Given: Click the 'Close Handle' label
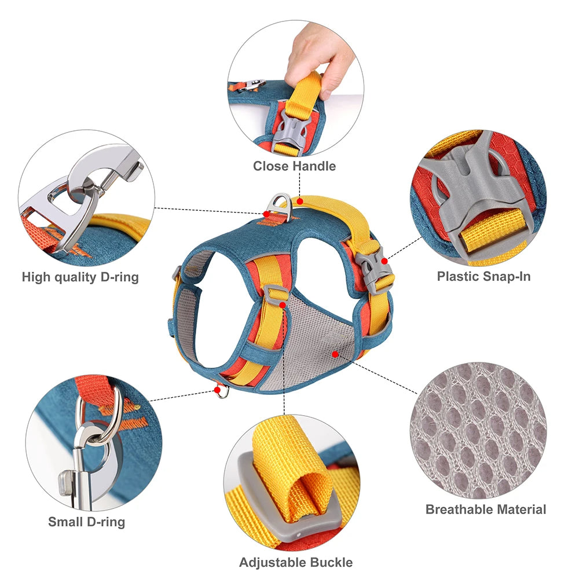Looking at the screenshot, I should [x=294, y=166].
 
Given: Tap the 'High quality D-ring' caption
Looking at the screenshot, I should [x=80, y=277].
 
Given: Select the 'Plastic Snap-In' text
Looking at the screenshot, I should [x=483, y=276].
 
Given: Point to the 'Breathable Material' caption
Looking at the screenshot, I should [x=486, y=510].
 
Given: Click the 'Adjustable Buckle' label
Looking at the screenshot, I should [x=296, y=562].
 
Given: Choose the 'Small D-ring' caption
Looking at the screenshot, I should [x=86, y=522].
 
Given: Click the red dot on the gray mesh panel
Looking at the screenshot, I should [x=335, y=352].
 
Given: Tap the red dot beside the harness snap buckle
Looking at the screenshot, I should [x=384, y=262].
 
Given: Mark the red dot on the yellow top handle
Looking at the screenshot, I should [x=300, y=200].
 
